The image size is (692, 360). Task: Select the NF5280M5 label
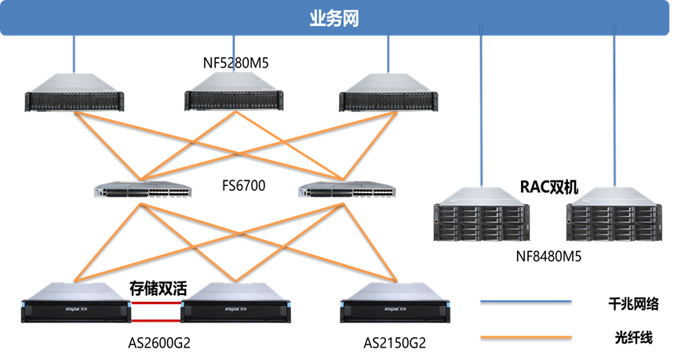(x=235, y=63)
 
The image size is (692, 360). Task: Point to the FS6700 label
(x=244, y=186)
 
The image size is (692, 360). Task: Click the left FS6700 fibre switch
(x=141, y=191)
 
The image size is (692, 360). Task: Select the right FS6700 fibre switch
(x=348, y=191)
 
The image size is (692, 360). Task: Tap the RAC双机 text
(x=548, y=187)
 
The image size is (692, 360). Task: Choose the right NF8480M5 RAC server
(x=614, y=219)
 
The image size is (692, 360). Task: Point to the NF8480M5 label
(x=548, y=256)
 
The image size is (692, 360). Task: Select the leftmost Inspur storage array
(x=75, y=307)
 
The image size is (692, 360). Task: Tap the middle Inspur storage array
(x=235, y=307)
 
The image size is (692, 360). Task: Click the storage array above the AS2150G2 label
(x=394, y=307)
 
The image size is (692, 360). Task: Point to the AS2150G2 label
(x=395, y=343)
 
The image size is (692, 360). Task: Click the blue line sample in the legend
(x=525, y=301)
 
